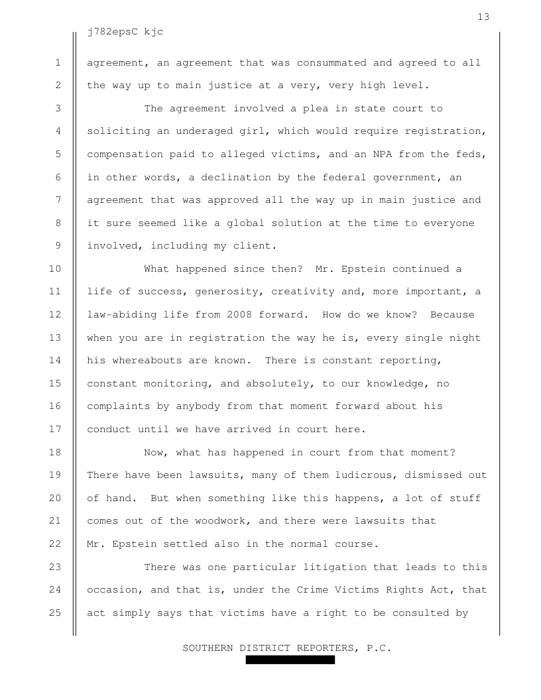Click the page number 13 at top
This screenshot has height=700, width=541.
click(483, 17)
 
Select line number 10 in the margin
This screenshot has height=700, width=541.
click(55, 269)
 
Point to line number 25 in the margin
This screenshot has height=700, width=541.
click(55, 612)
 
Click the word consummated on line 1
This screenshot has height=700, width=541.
click(331, 63)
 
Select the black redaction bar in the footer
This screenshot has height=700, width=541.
click(290, 660)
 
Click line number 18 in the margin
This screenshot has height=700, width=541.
click(55, 453)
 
